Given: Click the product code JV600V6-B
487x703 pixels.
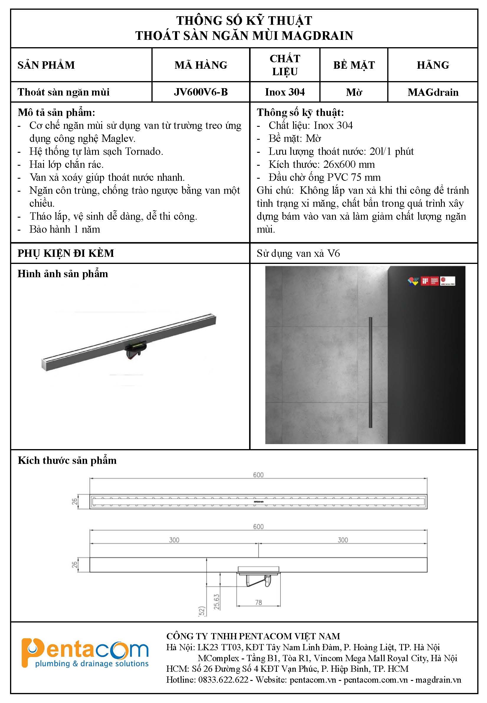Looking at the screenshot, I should coord(201,92).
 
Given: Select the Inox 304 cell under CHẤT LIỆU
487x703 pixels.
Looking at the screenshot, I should coord(285,92).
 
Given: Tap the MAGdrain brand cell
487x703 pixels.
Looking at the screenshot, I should coord(433,92).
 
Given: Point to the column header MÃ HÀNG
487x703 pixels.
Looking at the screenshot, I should coord(201,65).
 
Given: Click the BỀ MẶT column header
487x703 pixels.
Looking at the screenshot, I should coord(354,65).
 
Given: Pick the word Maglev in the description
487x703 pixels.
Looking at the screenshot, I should coord(118,139).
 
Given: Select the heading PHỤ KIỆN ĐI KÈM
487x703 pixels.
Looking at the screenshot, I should coord(66,253).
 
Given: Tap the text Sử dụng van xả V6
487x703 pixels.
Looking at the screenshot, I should coord(298,254).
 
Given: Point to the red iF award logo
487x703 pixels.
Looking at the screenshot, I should coord(425,281).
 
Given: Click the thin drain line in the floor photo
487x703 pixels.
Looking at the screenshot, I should coord(370,372).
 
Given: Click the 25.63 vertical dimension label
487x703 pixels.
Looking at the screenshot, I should coord(217,602).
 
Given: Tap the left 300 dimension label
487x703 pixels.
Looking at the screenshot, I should coord(174,540).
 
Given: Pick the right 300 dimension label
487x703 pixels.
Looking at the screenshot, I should coord(343,540).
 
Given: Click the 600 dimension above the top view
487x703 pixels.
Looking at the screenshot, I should coord(258,475).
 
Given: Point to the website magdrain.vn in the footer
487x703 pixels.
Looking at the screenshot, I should coord(438,680).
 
